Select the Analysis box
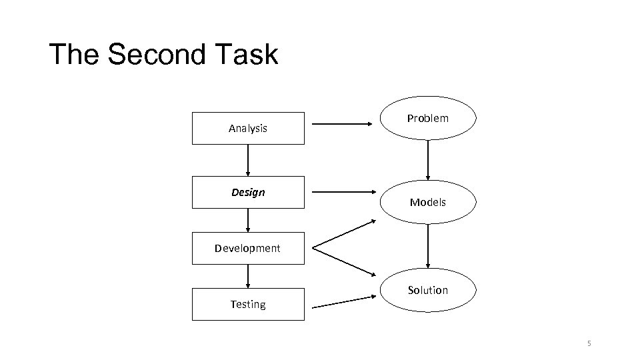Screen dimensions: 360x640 pos(248,128)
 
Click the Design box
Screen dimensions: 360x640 pos(248,192)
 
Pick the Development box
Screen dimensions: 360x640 pos(248,248)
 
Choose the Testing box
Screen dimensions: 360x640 pos(248,304)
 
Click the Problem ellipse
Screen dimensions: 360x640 pos(428,119)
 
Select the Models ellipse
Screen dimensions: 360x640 pos(428,201)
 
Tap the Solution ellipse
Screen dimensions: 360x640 pos(428,290)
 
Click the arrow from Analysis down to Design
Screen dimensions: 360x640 pos(248,160)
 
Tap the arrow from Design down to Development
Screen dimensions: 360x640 pos(248,220)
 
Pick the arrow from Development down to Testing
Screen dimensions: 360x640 pos(248,276)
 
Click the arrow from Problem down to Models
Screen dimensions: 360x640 pos(428,160)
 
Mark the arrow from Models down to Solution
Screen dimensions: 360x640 pos(428,245)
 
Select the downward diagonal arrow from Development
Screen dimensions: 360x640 pos(344,263)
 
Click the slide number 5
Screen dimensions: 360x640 pos(589,344)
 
